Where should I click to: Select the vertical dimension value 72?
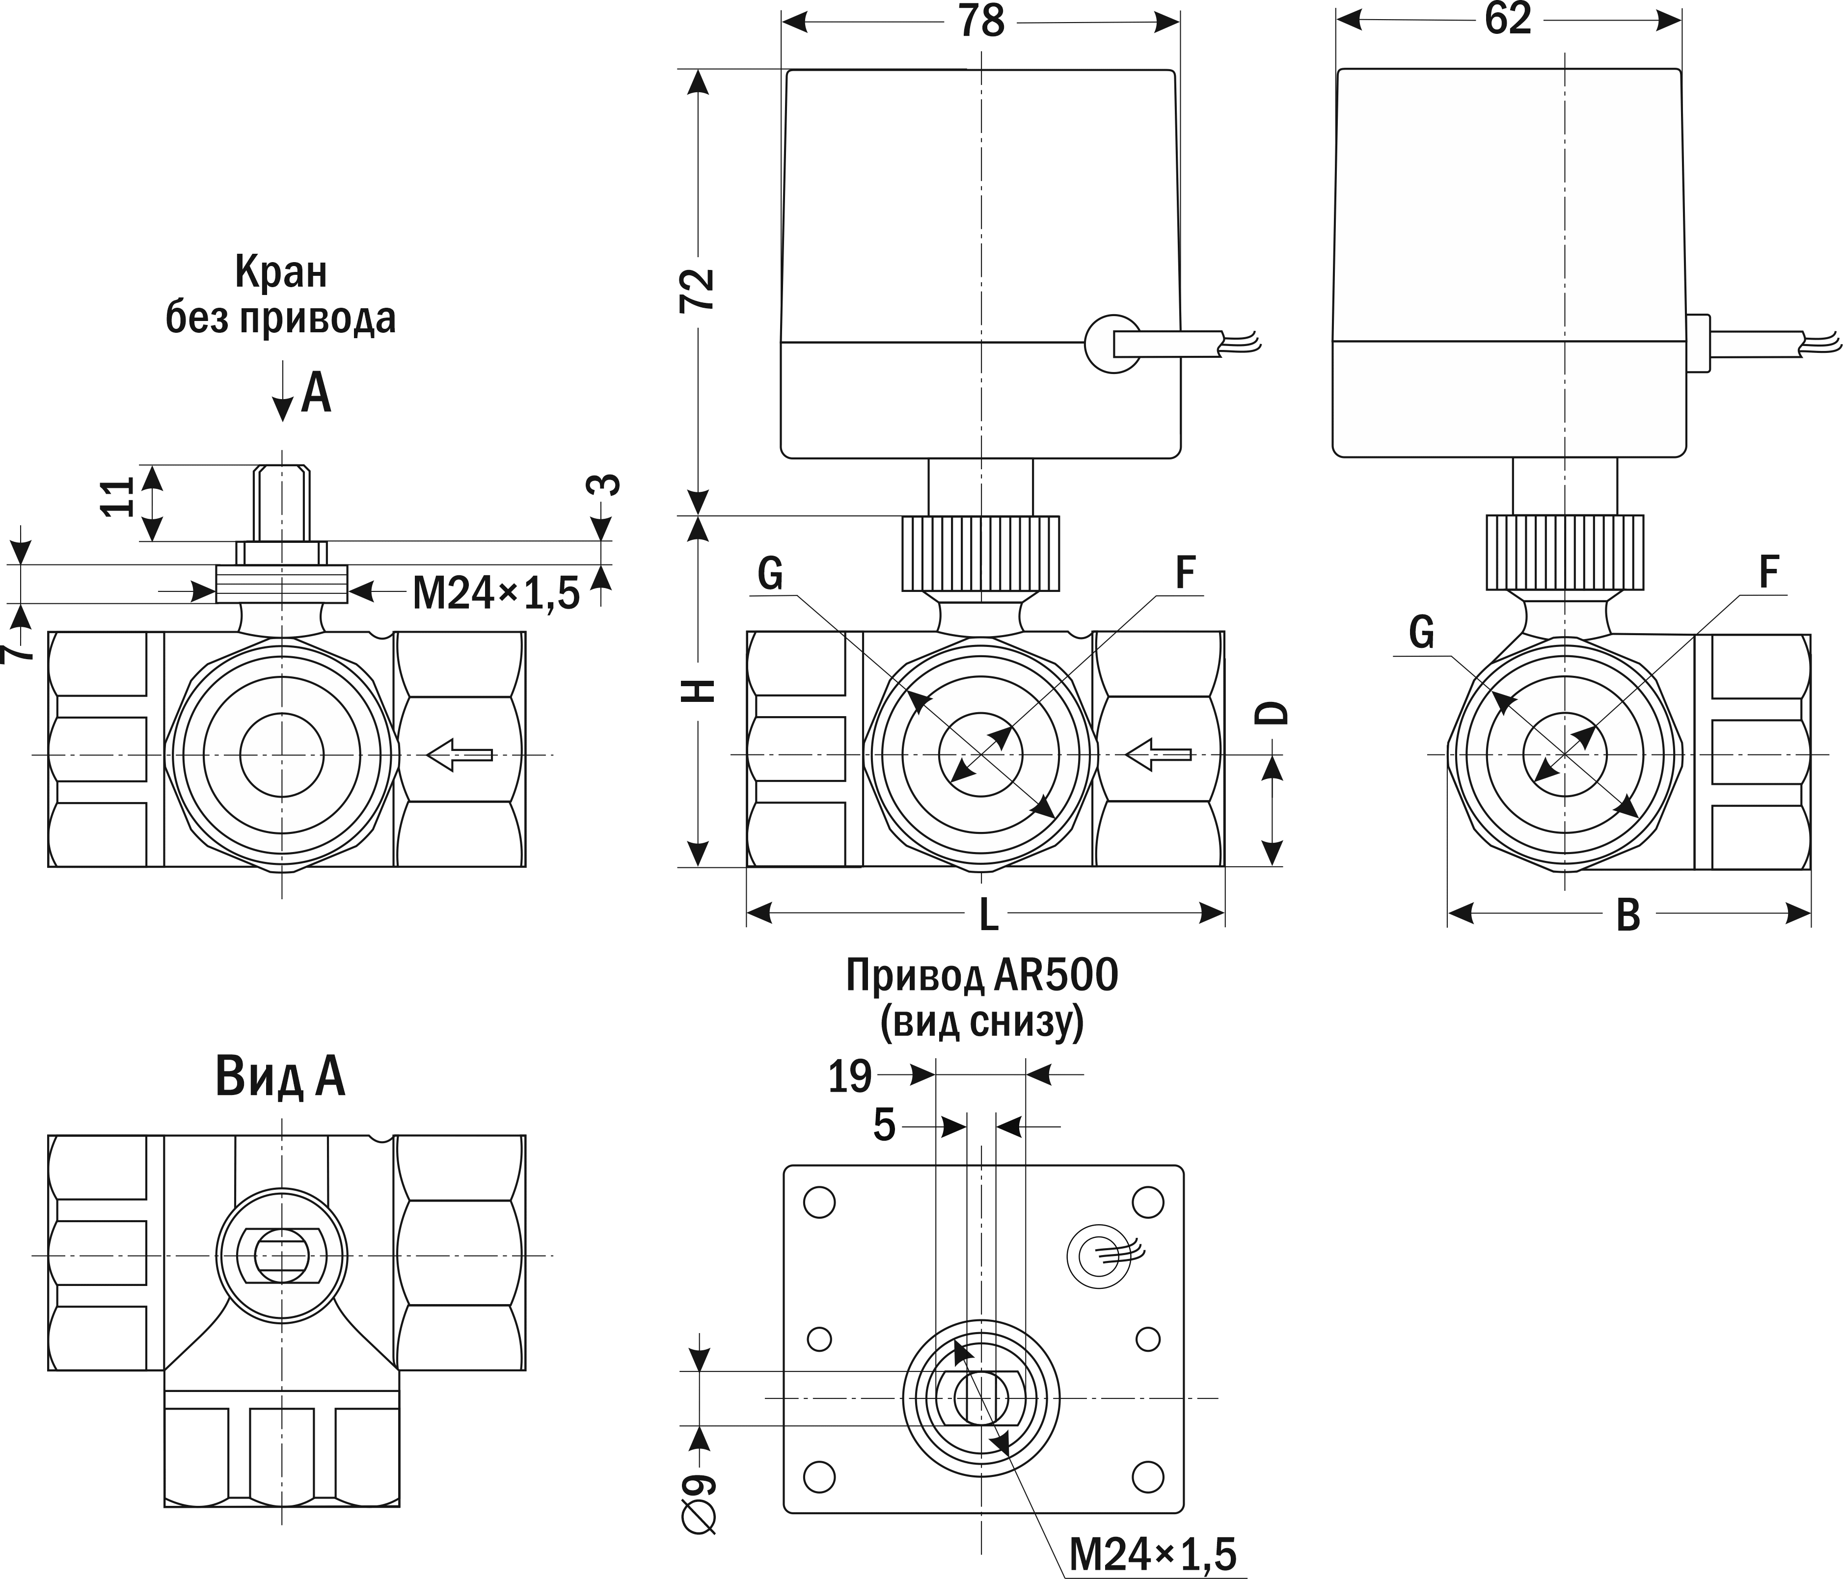click(x=697, y=289)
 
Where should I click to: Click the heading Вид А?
click(x=280, y=1077)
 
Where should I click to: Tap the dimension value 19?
click(x=849, y=1077)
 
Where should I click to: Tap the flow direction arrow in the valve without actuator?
click(x=459, y=755)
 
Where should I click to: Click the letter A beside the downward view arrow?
click(x=316, y=393)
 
